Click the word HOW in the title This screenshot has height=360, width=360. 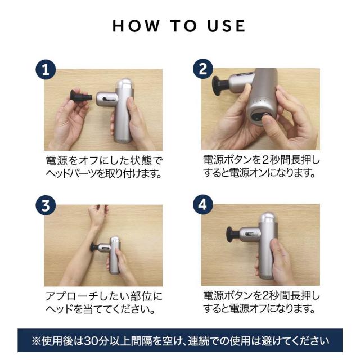(136, 26)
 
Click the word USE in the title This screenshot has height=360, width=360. (226, 26)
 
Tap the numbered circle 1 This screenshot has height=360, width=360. (46, 70)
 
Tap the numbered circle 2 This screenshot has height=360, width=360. (202, 69)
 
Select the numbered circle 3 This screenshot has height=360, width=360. (46, 205)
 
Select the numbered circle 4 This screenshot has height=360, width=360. (202, 205)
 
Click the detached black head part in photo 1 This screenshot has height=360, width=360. (81, 97)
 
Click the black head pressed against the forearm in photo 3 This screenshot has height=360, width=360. (94, 248)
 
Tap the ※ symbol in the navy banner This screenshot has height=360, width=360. (36, 341)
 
